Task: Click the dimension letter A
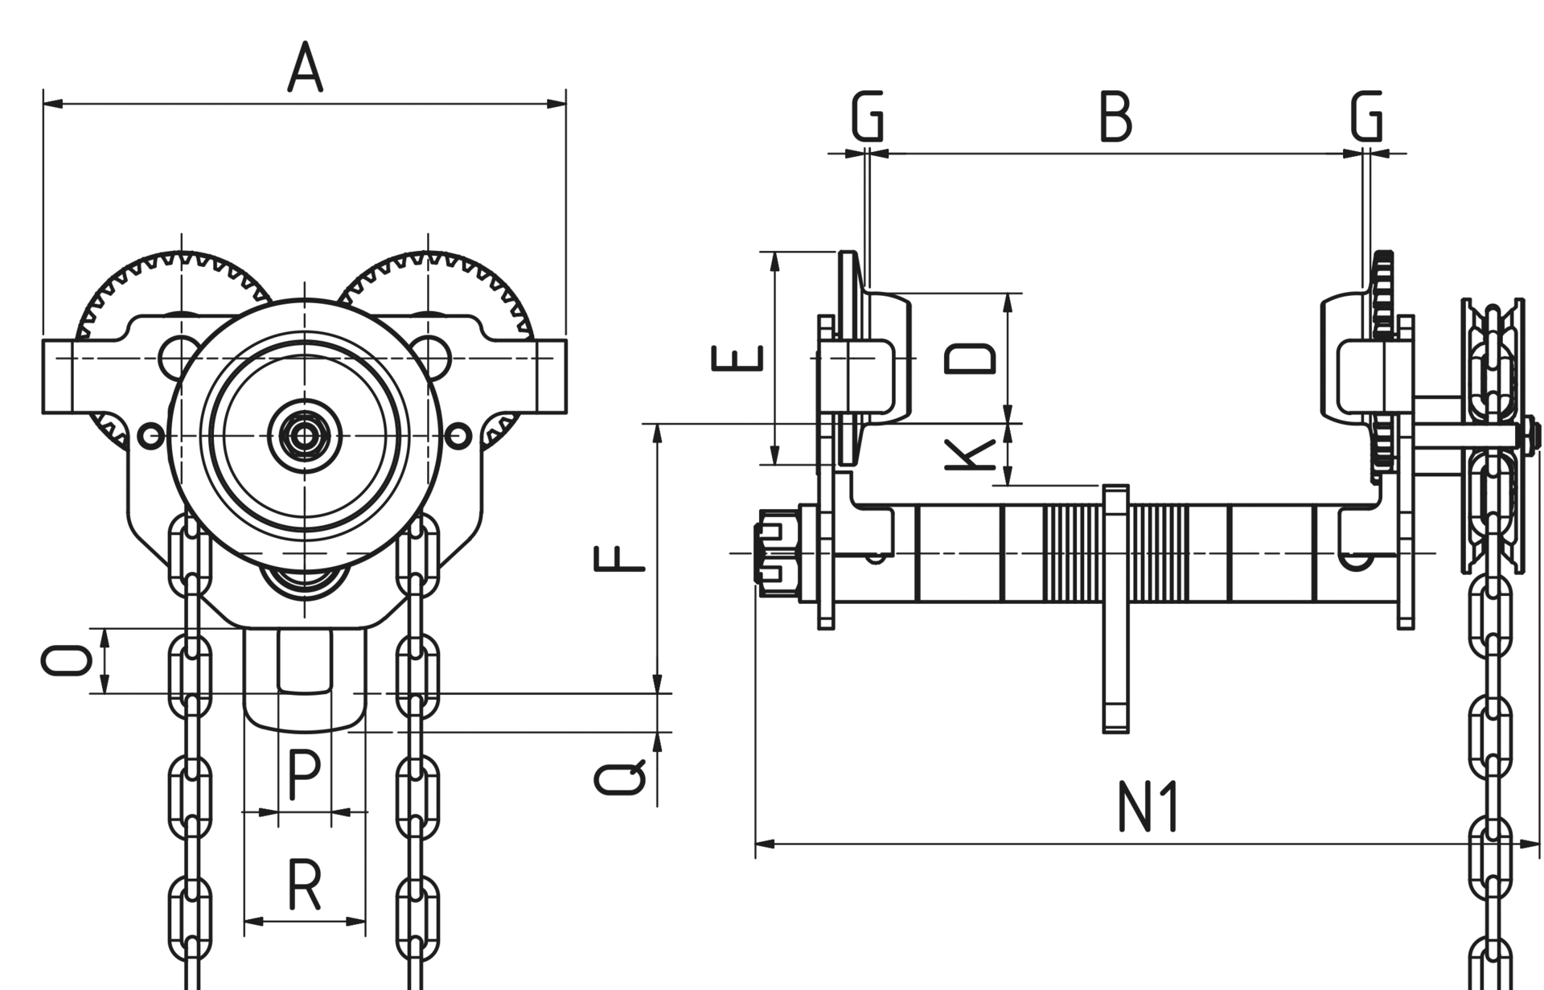[306, 68]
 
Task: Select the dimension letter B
[1115, 117]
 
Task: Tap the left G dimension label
[868, 117]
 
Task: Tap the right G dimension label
[1367, 117]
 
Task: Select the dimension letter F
[619, 558]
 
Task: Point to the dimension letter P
[304, 774]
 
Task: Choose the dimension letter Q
[619, 778]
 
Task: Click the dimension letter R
[305, 885]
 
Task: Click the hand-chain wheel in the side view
[1493, 434]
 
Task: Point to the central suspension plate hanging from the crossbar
[1115, 611]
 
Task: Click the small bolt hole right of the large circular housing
[458, 437]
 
